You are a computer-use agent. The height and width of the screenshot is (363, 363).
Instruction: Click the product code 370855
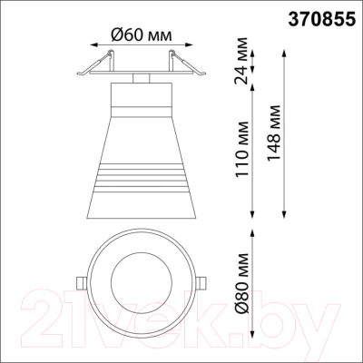tap(321, 20)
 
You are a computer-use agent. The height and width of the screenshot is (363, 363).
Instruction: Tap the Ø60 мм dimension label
tap(142, 35)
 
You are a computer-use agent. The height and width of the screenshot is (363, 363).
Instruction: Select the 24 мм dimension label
tap(241, 61)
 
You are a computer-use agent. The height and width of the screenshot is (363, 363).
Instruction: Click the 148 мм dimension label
tap(273, 133)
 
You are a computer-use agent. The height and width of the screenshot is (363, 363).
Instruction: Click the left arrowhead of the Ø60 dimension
tap(93, 45)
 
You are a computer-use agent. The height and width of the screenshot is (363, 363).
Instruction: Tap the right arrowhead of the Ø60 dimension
tap(190, 45)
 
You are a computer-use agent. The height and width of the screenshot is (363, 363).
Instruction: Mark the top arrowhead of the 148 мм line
tap(284, 53)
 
